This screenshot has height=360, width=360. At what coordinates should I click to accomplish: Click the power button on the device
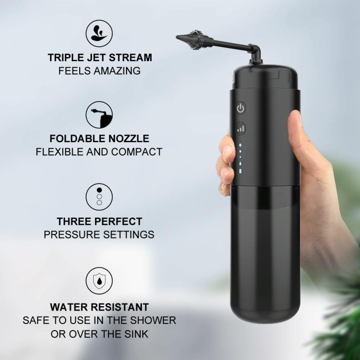coord(241,108)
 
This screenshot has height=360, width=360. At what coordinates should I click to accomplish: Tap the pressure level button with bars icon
coord(241,128)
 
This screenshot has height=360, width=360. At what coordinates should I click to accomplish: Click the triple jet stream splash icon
coord(99,33)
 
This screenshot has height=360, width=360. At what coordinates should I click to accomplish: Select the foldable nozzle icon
coord(99,115)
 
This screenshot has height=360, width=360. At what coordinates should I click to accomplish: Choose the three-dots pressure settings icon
coord(99,197)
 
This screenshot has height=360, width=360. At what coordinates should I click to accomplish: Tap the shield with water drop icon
coord(99,280)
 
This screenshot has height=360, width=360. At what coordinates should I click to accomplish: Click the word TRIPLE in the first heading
coord(65,58)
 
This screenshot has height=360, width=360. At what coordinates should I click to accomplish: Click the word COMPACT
coord(137,152)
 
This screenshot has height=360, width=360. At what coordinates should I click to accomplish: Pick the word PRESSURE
coord(72,234)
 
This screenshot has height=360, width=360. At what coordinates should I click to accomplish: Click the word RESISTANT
coord(118,307)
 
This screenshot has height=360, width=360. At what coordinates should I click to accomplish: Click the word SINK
coord(136,334)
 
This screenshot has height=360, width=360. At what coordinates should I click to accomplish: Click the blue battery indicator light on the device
coord(240,171)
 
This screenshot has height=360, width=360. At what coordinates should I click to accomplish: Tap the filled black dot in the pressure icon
coord(99,190)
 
